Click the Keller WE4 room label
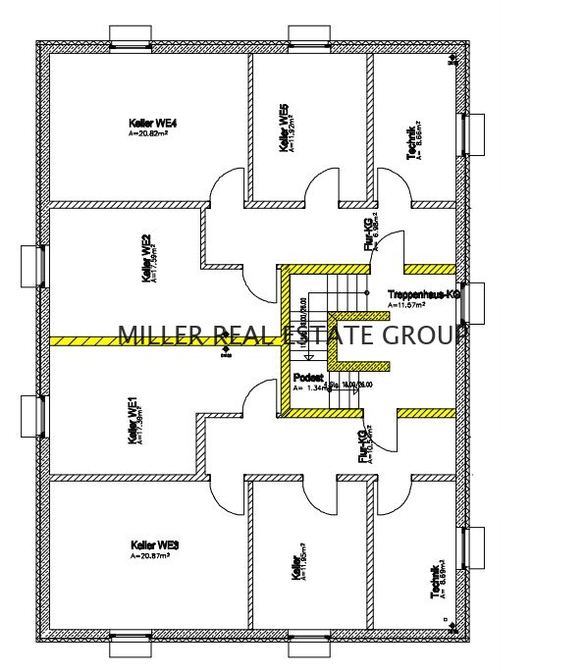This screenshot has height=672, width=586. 152,123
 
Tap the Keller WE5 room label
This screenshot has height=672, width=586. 284,129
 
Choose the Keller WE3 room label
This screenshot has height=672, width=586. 154,544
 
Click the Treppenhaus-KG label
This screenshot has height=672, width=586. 424,294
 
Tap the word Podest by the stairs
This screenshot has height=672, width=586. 307,376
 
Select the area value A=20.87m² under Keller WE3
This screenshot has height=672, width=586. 150,555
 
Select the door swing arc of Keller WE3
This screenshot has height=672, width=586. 225,495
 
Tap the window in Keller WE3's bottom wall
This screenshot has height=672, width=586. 131,645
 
